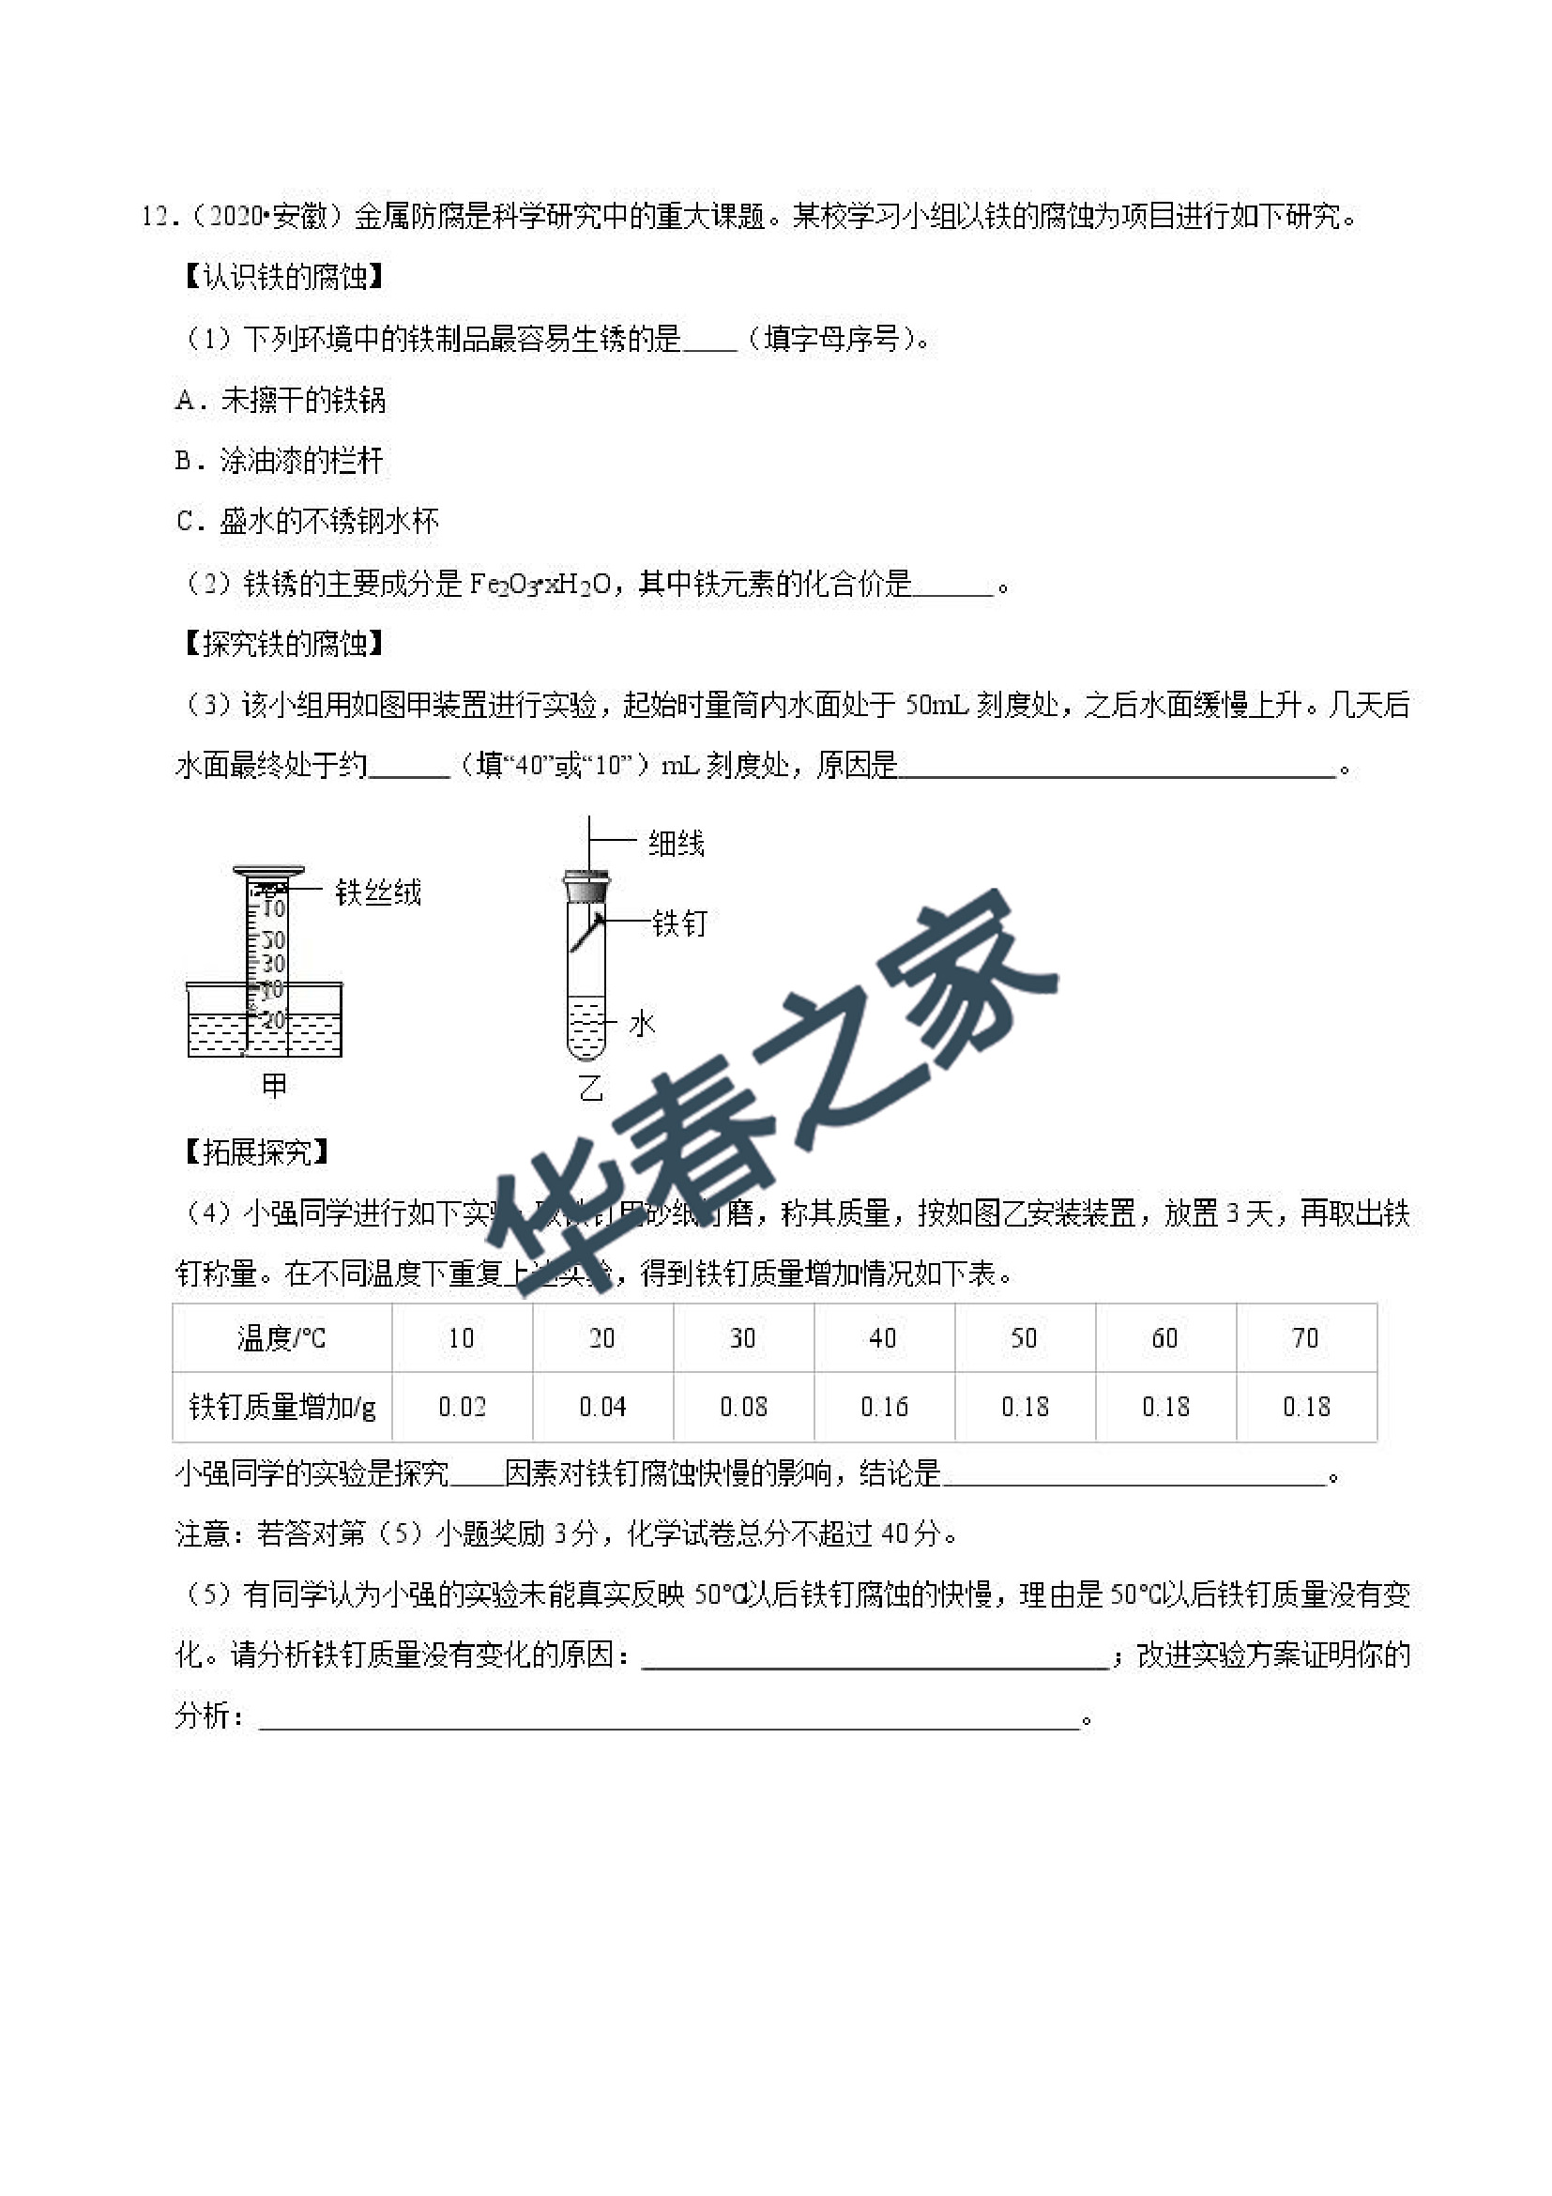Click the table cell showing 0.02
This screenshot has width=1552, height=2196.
pos(462,1407)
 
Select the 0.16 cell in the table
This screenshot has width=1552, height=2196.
pos(884,1407)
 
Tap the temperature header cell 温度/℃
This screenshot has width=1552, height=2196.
pos(281,1338)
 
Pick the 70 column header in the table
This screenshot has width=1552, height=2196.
pos(1305,1338)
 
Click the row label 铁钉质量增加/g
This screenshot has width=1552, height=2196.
pos(282,1407)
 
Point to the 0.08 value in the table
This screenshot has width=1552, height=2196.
pos(743,1407)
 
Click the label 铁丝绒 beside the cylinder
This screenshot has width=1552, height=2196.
pos(378,892)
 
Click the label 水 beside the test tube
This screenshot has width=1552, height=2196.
pos(642,1024)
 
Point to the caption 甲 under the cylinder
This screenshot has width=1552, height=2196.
pos(274,1086)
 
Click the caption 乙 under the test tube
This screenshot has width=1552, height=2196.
pos(592,1088)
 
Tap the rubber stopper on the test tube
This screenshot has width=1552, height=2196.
pos(586,888)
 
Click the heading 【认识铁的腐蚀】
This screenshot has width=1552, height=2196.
pos(283,278)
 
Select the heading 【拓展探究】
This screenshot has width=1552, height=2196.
pos(256,1151)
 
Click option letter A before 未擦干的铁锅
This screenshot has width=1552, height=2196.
pos(186,400)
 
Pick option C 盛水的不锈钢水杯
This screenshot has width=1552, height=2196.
pos(308,521)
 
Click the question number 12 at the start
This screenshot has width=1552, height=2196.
pos(155,217)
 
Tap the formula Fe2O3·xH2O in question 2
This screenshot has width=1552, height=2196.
pos(540,584)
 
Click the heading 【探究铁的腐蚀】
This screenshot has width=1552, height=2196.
pos(283,644)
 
